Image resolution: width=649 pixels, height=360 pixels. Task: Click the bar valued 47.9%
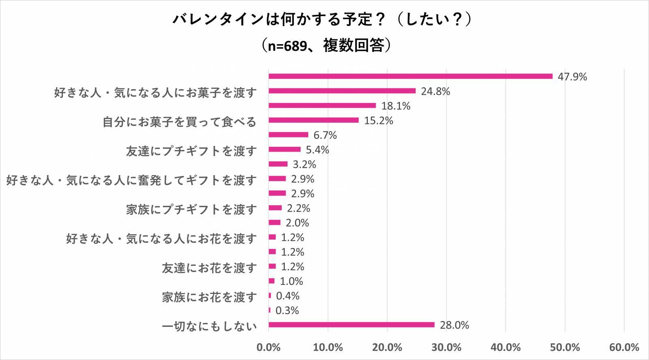pyautogui.click(x=410, y=76)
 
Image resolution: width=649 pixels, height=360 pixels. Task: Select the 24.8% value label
pyautogui.click(x=435, y=91)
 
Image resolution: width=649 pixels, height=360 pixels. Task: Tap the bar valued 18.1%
pyautogui.click(x=322, y=105)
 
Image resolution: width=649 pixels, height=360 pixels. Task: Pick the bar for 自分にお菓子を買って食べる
pyautogui.click(x=314, y=120)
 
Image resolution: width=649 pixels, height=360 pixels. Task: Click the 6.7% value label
pyautogui.click(x=325, y=135)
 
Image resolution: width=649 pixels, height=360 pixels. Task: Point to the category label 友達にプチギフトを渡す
pyautogui.click(x=191, y=151)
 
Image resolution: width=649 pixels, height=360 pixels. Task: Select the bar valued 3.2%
pyautogui.click(x=278, y=164)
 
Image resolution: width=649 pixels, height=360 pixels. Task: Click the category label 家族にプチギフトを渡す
pyautogui.click(x=191, y=209)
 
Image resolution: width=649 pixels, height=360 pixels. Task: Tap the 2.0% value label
pyautogui.click(x=297, y=223)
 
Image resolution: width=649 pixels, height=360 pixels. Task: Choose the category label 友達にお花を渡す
pyautogui.click(x=209, y=268)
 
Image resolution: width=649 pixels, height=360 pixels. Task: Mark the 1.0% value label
pyautogui.click(x=291, y=281)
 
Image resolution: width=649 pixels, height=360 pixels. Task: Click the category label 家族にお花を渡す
pyautogui.click(x=209, y=297)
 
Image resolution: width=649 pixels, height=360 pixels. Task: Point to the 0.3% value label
pyautogui.click(x=287, y=310)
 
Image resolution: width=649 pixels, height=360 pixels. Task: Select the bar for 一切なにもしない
pyautogui.click(x=351, y=324)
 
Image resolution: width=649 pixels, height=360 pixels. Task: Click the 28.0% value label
pyautogui.click(x=454, y=325)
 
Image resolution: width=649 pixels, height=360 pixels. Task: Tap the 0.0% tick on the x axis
pyautogui.click(x=269, y=347)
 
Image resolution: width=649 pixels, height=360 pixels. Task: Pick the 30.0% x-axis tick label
pyautogui.click(x=446, y=347)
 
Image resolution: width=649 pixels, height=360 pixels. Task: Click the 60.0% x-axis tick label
pyautogui.click(x=624, y=347)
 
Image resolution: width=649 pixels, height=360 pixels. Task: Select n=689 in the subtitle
pyautogui.click(x=287, y=46)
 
